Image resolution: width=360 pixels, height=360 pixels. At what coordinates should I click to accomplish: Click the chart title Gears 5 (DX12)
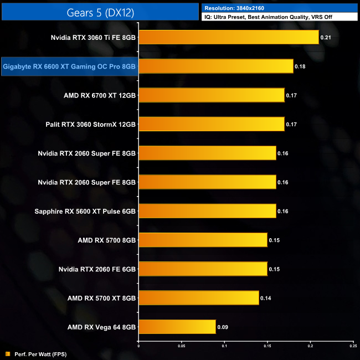(100, 12)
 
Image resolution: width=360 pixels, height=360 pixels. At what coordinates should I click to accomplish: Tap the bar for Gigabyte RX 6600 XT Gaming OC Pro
(215, 66)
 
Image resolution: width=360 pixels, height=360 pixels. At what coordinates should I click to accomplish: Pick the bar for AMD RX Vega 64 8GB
(177, 327)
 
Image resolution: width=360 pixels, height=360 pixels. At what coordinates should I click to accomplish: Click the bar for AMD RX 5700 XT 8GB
(198, 298)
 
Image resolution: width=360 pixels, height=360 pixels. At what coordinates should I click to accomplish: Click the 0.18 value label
(299, 66)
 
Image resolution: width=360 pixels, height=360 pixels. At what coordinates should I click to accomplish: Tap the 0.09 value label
(222, 327)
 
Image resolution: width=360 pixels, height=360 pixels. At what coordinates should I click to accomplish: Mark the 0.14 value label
(265, 298)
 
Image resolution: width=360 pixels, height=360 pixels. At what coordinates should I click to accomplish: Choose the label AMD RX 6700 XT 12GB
(100, 95)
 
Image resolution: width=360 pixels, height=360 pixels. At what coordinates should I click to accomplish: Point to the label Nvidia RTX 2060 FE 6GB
(97, 269)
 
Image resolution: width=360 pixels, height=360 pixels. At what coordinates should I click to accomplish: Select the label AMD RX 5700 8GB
(107, 240)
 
